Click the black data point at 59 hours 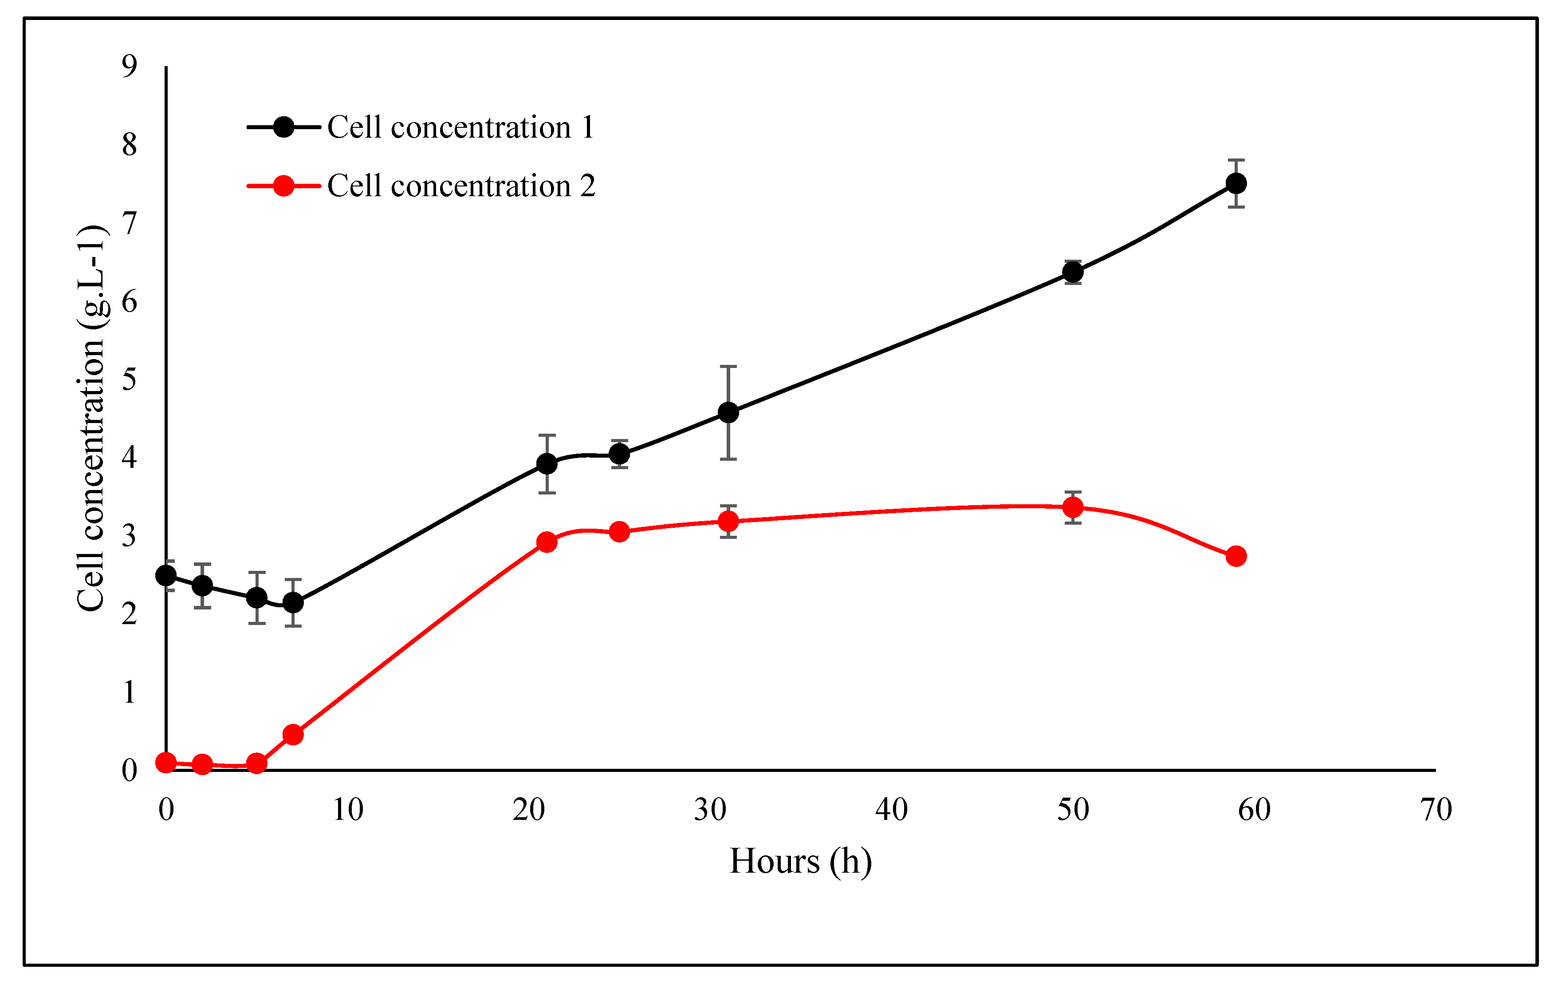coord(1236,184)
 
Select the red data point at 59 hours coord(1236,556)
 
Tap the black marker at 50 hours coord(1073,273)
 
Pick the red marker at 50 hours coord(1073,507)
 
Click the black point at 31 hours coord(728,413)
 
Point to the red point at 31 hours coord(728,522)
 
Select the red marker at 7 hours coord(293,735)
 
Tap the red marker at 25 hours coord(619,532)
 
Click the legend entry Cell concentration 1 coord(460,127)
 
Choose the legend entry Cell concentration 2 coord(460,186)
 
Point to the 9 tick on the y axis coord(130,66)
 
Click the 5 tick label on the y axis coord(130,380)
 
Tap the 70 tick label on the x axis coord(1436,810)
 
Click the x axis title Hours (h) coord(800,862)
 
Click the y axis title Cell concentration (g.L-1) coord(91,419)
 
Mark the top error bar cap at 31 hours coord(728,367)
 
